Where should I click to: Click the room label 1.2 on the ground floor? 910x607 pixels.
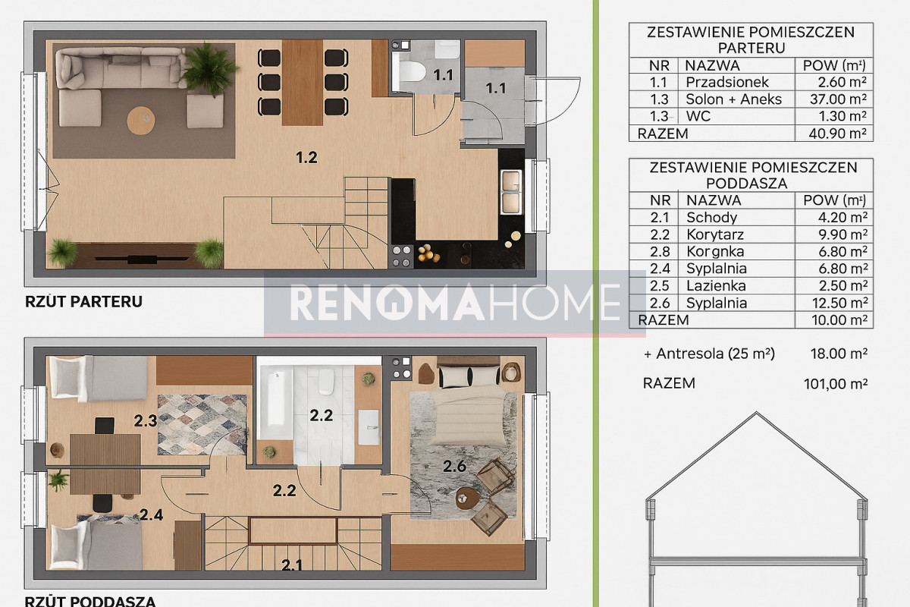click(x=306, y=157)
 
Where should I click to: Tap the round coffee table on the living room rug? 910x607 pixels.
click(x=141, y=120)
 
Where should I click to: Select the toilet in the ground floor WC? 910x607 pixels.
click(x=411, y=72)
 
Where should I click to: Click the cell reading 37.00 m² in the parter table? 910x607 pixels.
click(x=838, y=99)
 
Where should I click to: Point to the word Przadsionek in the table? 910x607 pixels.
click(x=727, y=82)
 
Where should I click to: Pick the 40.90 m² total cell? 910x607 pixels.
click(x=838, y=134)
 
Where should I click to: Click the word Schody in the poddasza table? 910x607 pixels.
click(x=712, y=218)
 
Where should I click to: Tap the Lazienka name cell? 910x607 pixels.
click(x=716, y=286)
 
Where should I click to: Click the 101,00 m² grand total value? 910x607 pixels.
click(x=836, y=384)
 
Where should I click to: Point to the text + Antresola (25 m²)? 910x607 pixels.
click(x=709, y=354)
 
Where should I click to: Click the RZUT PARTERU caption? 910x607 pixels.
click(x=83, y=302)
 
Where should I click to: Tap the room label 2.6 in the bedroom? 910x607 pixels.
click(x=454, y=467)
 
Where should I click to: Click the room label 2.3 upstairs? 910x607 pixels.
click(x=146, y=421)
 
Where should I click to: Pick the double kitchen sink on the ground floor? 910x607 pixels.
click(x=511, y=192)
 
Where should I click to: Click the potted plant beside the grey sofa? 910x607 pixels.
click(x=209, y=69)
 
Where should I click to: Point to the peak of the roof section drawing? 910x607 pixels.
click(x=756, y=413)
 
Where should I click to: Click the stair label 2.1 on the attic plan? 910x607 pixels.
click(x=292, y=565)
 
